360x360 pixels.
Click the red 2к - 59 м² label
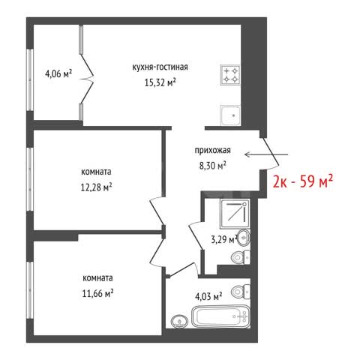[x=303, y=181]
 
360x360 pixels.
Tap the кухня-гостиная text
[x=160, y=67]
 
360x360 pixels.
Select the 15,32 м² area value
[x=160, y=82]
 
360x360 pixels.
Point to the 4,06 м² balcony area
[x=58, y=73]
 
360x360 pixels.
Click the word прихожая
[x=213, y=151]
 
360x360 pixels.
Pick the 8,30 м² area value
[x=213, y=166]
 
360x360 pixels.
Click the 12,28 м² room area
[x=96, y=187]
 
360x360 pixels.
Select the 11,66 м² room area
[x=97, y=293]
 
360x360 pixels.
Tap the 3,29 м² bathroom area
[x=223, y=240]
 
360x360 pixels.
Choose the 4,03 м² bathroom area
[x=208, y=297]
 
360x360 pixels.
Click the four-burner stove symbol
[x=230, y=75]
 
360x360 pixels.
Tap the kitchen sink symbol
[x=230, y=115]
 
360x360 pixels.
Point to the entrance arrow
[x=266, y=154]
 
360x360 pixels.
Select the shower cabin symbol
[x=235, y=214]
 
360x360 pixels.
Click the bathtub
[x=220, y=316]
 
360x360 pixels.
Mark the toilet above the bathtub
[x=240, y=292]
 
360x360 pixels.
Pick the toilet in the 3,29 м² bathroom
[x=241, y=257]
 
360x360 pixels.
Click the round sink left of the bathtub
[x=179, y=320]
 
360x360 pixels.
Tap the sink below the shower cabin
[x=243, y=237]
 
